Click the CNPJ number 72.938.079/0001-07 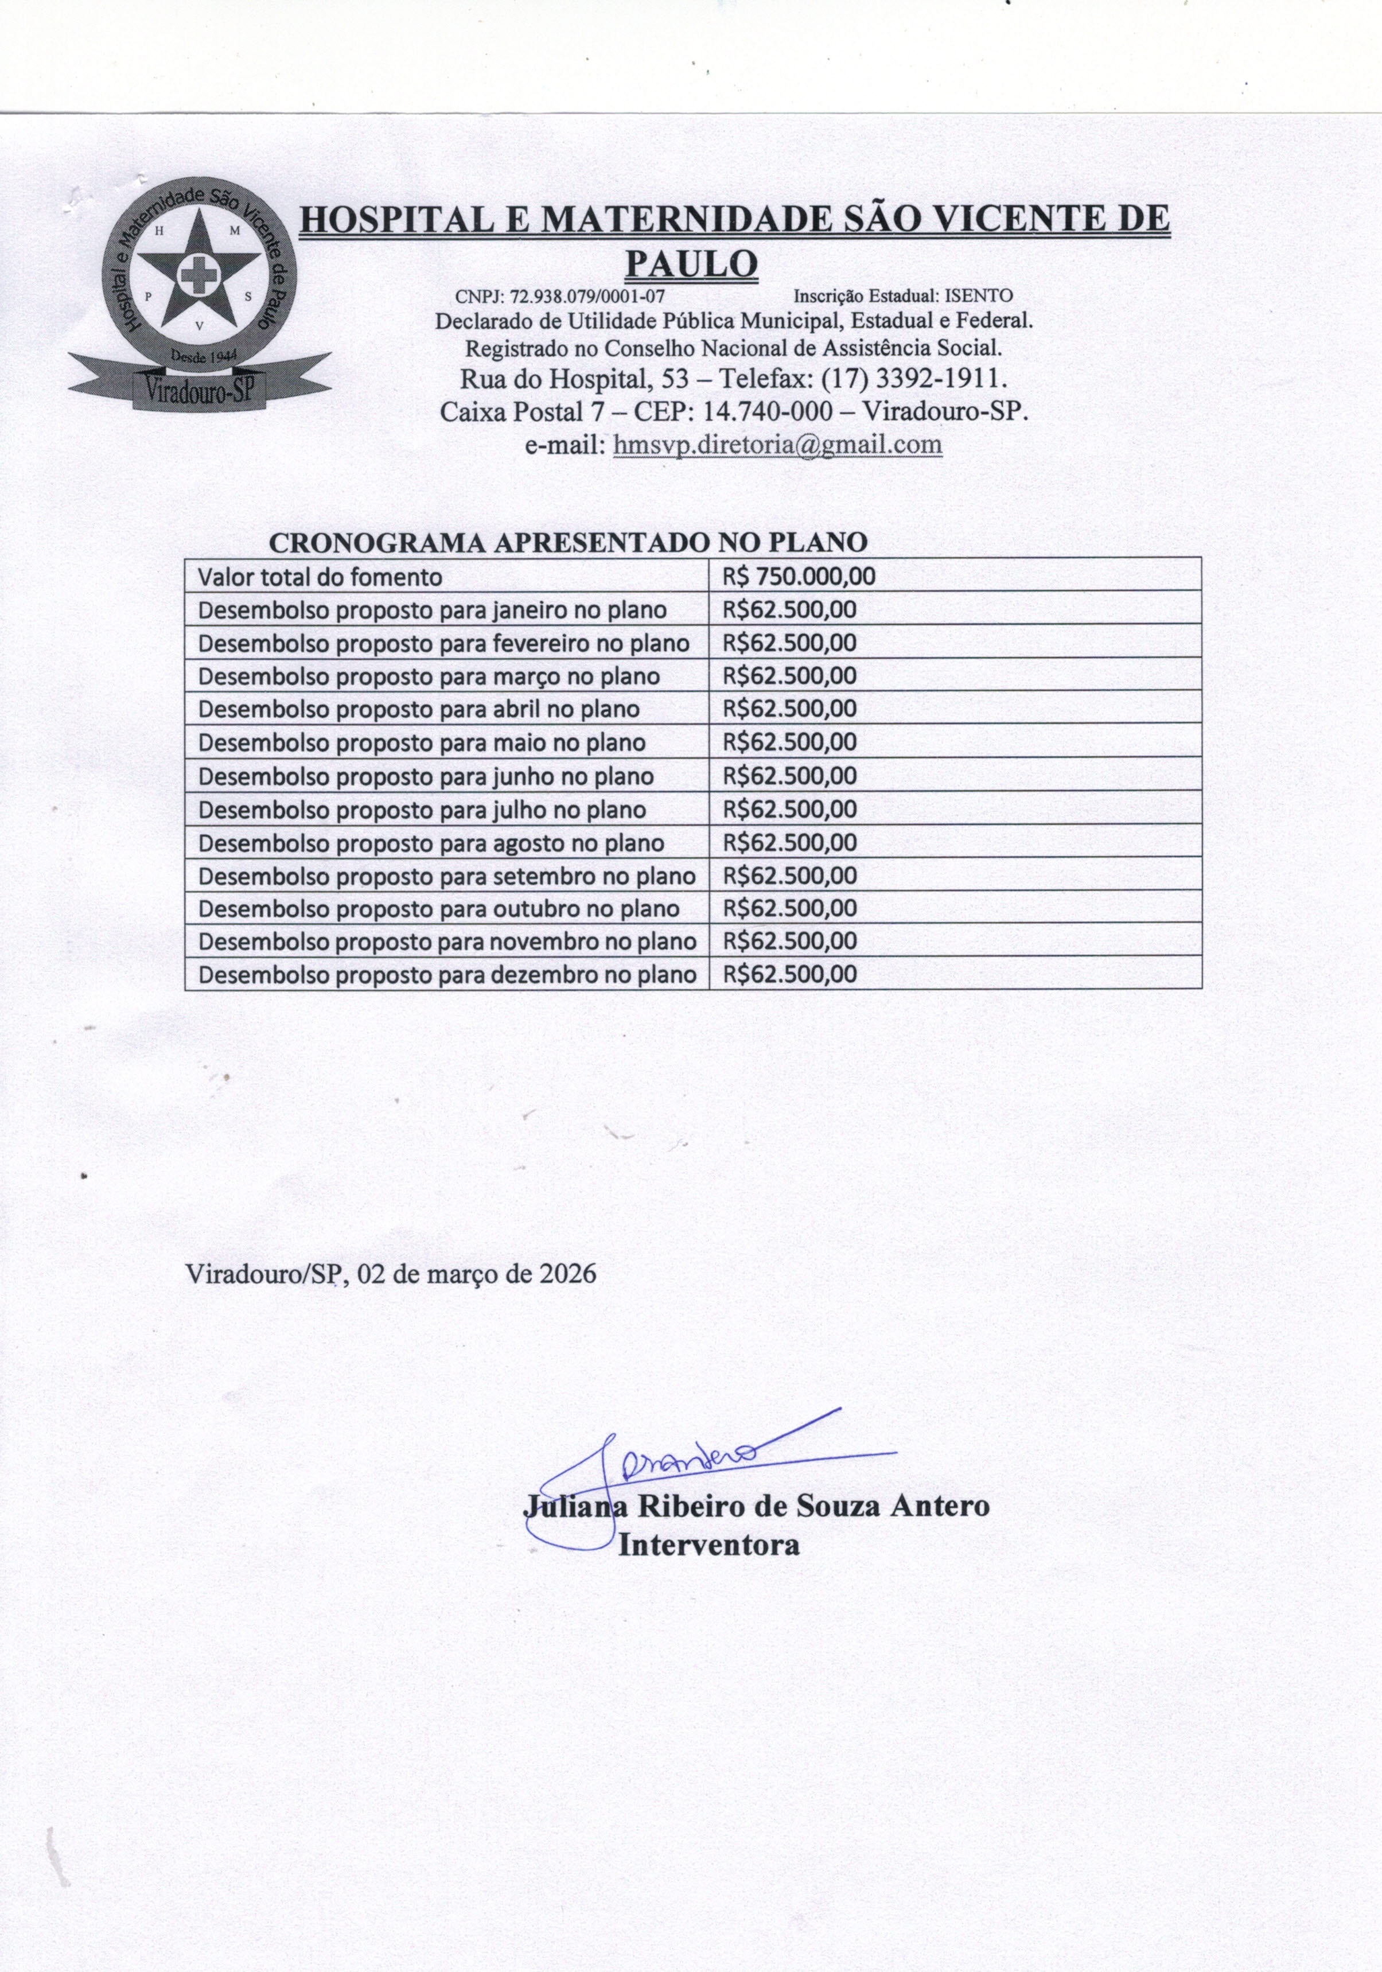point(587,296)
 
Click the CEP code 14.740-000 point(767,411)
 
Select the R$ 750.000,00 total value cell point(799,576)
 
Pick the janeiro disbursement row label point(432,610)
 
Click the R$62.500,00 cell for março point(790,676)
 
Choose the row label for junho point(426,776)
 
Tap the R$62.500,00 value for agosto point(790,843)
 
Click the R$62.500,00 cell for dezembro point(790,975)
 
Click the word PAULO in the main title point(691,263)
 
